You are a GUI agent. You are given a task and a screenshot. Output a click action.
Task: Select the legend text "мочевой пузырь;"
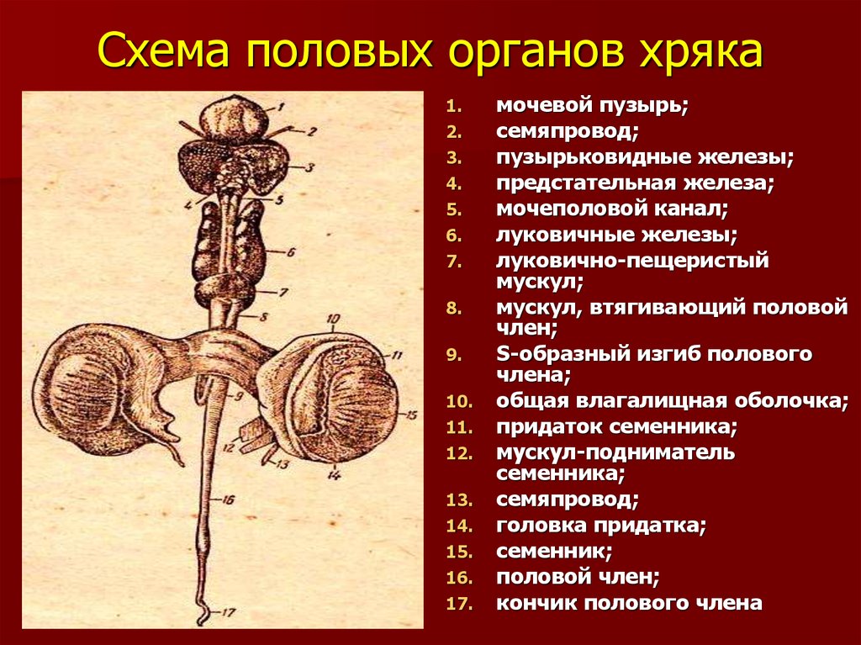[592, 105]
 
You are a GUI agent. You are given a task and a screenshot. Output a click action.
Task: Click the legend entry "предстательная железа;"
[635, 183]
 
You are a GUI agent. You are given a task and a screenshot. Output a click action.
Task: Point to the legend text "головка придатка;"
[600, 526]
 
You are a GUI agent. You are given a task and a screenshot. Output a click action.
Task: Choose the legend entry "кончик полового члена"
[629, 603]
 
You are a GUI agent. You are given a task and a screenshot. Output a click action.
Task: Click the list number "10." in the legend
[460, 402]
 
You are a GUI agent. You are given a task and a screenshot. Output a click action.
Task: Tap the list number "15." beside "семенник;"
[460, 552]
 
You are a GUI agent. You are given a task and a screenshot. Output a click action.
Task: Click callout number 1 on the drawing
[280, 107]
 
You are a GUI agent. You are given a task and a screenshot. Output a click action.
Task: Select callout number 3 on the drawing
[309, 167]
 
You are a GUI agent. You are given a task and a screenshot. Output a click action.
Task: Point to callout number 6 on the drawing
[291, 252]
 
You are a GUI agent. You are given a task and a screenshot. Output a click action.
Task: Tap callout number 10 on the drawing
[333, 319]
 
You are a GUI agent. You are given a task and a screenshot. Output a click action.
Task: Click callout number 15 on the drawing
[411, 415]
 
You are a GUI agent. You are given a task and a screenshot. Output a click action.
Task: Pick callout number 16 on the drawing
[229, 500]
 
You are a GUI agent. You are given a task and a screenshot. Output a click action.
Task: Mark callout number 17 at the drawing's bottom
[229, 611]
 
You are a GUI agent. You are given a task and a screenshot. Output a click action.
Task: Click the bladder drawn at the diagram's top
[234, 119]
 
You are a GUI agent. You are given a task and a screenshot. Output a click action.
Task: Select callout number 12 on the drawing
[229, 447]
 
